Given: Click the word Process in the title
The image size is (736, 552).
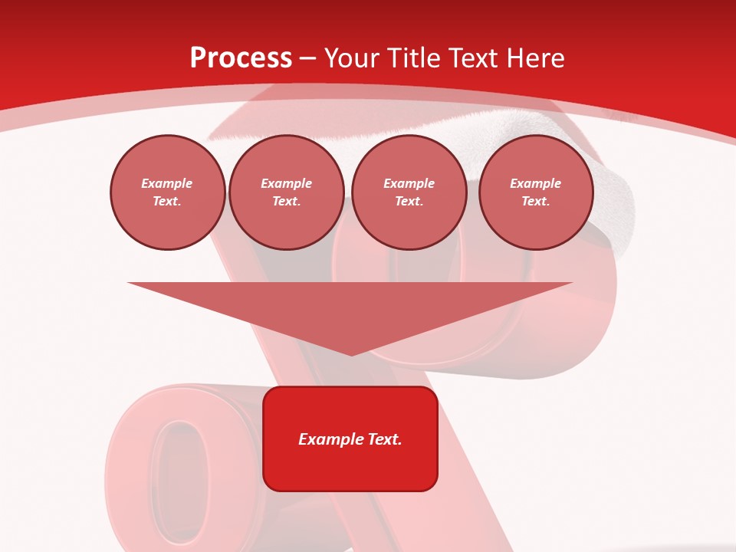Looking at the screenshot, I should click(x=241, y=58).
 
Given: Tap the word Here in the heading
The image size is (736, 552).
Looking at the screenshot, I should click(x=534, y=58).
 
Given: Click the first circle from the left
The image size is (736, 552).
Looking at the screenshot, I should click(x=168, y=192).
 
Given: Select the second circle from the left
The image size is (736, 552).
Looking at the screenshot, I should click(x=287, y=192).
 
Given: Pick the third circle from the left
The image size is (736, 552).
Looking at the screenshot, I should click(x=409, y=192).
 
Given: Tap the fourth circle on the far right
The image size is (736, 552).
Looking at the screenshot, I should click(x=536, y=192).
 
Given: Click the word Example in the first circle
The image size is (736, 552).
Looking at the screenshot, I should click(x=167, y=183).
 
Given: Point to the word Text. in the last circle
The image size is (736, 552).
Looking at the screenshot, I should click(x=536, y=202).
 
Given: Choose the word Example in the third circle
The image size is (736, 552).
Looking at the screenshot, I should click(x=409, y=183).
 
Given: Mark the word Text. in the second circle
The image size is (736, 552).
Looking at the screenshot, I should click(x=287, y=202).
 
